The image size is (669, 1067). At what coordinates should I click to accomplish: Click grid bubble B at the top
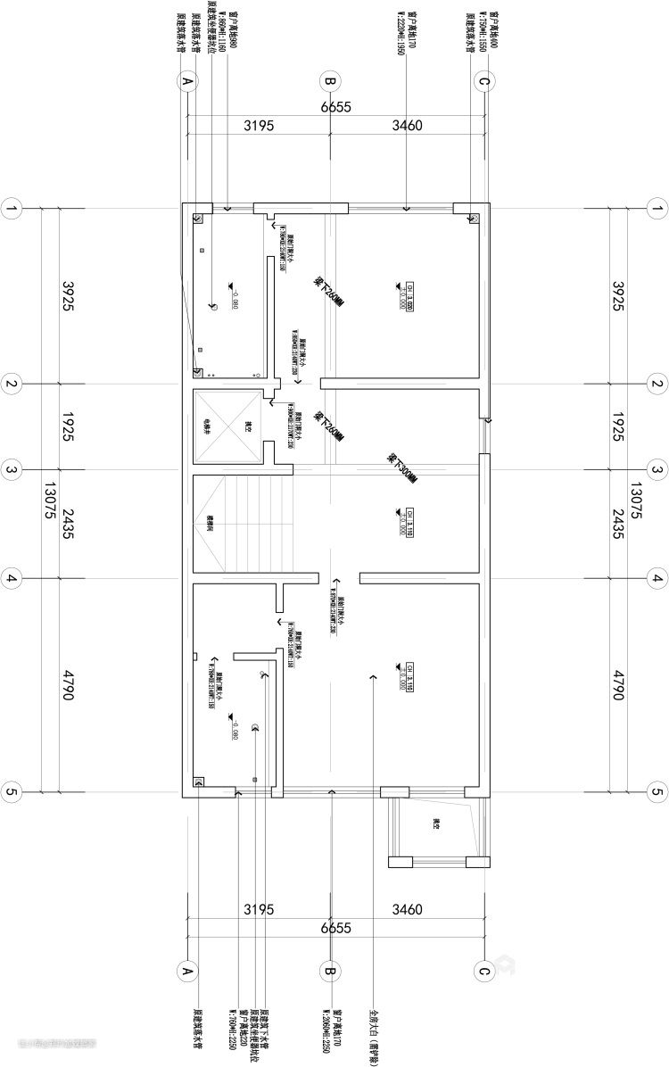(x=329, y=82)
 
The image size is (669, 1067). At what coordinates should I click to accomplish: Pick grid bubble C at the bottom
(x=483, y=971)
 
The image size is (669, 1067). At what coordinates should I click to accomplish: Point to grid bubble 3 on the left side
(x=12, y=470)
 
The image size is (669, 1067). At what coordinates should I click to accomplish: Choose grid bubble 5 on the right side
(x=657, y=791)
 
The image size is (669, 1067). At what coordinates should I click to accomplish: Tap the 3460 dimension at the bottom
(x=407, y=910)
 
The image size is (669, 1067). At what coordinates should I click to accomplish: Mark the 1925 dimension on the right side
(x=619, y=427)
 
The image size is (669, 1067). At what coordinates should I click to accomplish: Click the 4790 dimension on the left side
(x=67, y=682)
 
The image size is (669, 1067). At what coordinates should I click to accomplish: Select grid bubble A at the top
(x=187, y=82)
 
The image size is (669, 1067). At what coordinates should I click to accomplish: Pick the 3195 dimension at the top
(x=259, y=126)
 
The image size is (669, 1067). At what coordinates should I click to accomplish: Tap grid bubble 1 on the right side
(x=657, y=210)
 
